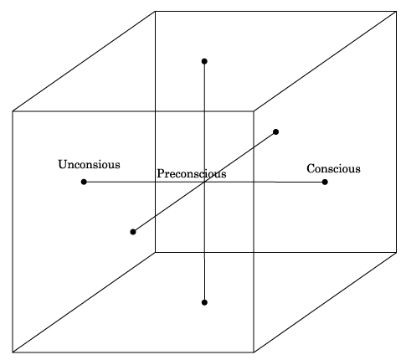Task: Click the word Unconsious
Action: (89, 164)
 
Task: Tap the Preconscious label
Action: (192, 173)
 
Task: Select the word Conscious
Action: (333, 169)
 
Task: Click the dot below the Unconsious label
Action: (84, 182)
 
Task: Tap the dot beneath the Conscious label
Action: (325, 182)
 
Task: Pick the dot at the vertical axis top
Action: (204, 61)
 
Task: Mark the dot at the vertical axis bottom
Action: (204, 302)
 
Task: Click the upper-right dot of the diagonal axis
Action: (275, 131)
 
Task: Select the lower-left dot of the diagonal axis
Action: (133, 232)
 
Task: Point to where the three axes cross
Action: (204, 182)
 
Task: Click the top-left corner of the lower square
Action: (13, 111)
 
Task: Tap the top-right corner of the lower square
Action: (254, 111)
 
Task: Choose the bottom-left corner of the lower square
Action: (13, 352)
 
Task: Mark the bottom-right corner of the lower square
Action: (254, 352)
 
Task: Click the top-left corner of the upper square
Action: (155, 12)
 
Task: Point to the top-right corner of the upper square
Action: (396, 12)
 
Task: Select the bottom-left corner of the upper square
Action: (155, 253)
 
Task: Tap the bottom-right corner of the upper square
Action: (396, 253)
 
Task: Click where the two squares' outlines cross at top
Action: (155, 111)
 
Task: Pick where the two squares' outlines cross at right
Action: (254, 253)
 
